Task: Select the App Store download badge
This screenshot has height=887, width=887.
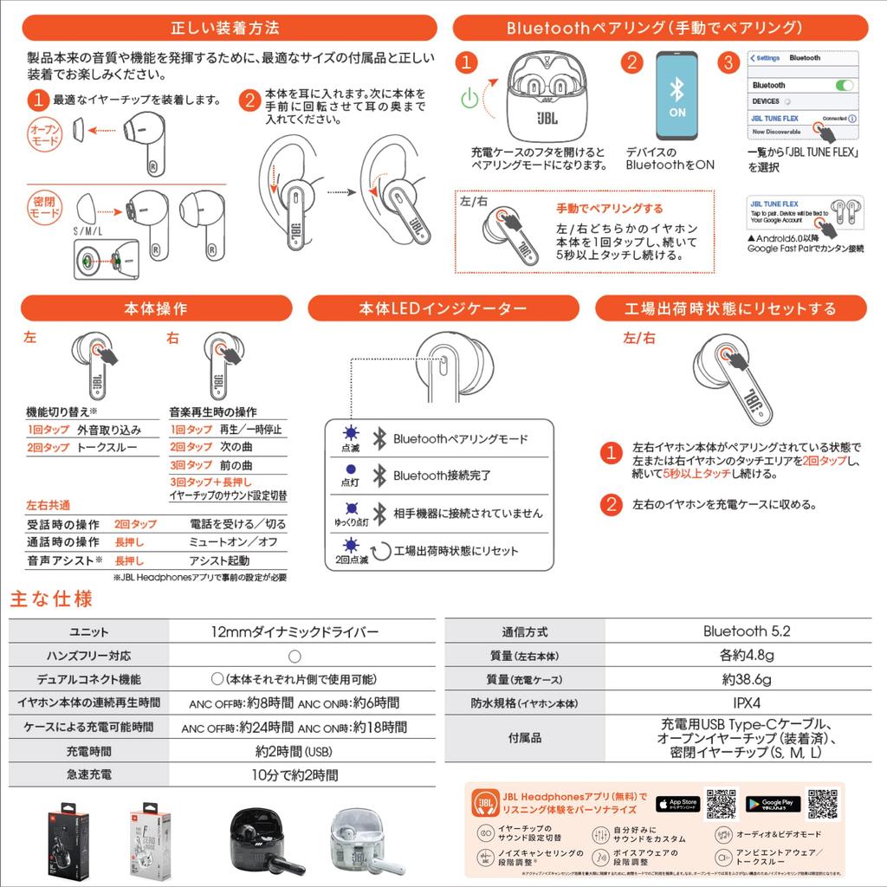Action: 677,805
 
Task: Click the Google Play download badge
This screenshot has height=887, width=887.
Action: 773,805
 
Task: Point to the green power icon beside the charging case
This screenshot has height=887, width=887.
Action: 468,98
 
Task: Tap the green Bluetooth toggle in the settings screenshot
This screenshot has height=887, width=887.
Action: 845,85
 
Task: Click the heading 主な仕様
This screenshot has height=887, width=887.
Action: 50,599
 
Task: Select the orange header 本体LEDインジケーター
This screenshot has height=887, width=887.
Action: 443,308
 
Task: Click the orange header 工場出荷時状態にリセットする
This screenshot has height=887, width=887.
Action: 730,308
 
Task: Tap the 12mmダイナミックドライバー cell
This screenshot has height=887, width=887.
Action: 295,631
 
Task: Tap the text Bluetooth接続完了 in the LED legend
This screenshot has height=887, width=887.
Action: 442,476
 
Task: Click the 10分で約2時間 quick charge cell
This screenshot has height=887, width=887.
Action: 295,774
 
